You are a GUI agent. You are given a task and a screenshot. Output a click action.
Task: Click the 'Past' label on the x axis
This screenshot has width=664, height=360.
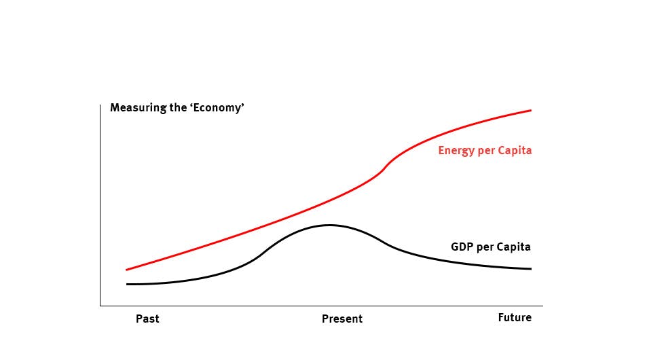147,319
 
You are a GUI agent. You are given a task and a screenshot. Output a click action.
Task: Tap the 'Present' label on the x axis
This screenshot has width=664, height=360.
342,319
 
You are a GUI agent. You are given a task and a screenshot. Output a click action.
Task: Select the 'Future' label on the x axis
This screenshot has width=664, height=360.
515,317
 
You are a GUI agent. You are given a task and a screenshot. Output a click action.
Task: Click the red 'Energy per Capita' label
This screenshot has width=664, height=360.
485,151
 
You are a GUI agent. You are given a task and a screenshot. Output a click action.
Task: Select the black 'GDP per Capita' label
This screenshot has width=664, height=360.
490,247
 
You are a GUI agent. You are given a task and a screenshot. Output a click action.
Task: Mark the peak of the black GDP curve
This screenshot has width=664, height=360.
330,225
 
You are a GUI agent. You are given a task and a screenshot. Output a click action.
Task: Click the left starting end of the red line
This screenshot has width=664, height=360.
126,270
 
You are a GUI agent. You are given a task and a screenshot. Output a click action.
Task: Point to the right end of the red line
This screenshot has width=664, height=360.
531,110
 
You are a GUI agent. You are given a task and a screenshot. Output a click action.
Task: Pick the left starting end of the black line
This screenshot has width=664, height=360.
126,284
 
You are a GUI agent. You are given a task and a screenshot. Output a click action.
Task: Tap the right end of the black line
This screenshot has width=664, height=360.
531,269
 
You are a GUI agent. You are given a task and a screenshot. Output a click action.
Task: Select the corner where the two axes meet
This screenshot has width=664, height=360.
100,306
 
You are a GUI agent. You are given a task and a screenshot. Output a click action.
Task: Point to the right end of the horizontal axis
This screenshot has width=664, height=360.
542,306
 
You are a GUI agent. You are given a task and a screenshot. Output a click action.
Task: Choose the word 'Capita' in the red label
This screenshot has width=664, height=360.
515,151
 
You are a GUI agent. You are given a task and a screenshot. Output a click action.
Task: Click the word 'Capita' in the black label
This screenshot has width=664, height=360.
514,247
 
